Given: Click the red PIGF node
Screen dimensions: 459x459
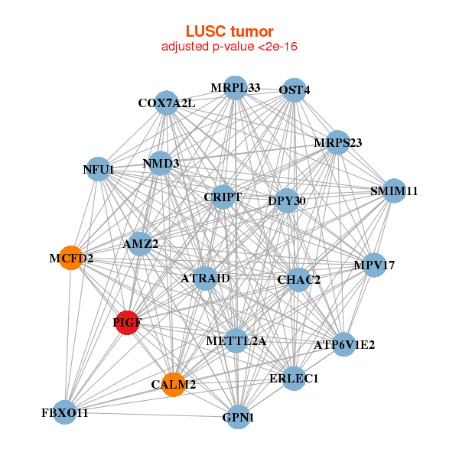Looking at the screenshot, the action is [127, 323].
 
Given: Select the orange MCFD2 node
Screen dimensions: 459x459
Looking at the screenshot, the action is [70, 258].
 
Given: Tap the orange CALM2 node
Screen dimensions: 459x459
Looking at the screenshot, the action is [174, 384].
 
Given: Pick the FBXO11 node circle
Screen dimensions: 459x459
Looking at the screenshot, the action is [65, 412].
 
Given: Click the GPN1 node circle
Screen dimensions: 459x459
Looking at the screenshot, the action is [239, 417].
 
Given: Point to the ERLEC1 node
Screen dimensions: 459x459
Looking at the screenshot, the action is [294, 377].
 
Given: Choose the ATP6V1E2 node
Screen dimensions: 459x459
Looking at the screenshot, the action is [344, 345].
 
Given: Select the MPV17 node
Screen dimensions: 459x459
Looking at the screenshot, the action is [374, 265].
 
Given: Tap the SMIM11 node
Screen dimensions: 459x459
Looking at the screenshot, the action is [393, 190].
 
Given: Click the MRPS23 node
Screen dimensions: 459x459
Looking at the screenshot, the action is [337, 143].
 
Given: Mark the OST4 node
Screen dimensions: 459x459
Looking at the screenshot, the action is [294, 90].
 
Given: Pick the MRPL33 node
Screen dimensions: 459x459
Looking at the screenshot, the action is [236, 88].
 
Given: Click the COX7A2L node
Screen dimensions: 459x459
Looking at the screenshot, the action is [167, 103].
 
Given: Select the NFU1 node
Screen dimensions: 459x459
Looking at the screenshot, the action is [98, 169].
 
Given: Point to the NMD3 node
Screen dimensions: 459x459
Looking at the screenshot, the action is [161, 163].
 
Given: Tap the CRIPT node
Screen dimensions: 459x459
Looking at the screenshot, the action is [223, 197].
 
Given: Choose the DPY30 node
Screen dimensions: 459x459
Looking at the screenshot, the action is [287, 201].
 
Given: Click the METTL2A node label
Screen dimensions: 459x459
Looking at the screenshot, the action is [236, 340].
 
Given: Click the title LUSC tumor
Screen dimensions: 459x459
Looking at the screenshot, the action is [229, 31].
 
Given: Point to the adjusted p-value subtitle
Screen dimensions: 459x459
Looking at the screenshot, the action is [229, 47].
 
